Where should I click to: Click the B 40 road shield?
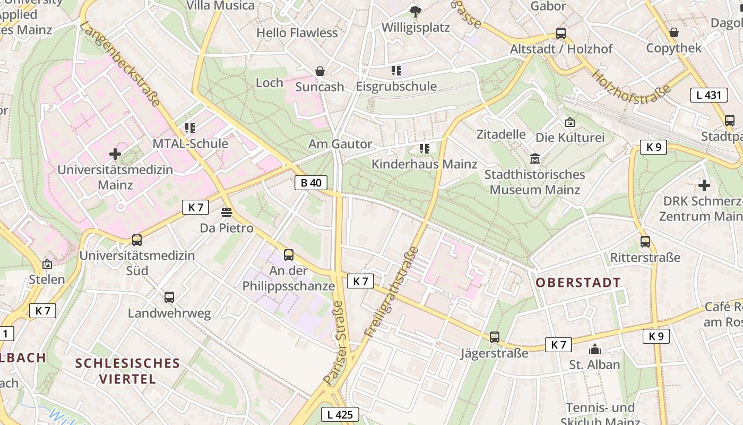click(311, 183)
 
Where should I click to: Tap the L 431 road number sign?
click(709, 95)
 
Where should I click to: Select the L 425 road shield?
click(340, 414)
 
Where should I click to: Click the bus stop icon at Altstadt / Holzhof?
click(561, 33)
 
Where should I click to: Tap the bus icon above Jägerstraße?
click(495, 337)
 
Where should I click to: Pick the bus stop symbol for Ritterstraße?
click(645, 242)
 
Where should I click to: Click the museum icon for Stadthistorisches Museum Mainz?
click(535, 159)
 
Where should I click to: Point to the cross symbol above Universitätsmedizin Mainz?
click(115, 155)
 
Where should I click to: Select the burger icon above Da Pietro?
click(227, 212)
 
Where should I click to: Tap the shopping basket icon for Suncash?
click(320, 71)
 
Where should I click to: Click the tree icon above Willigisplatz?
click(416, 11)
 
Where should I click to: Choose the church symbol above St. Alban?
click(594, 349)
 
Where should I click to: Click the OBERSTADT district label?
click(578, 283)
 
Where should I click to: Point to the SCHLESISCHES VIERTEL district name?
click(127, 371)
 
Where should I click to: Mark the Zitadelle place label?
click(501, 134)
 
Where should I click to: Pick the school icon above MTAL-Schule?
click(190, 128)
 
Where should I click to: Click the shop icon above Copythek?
click(673, 32)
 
